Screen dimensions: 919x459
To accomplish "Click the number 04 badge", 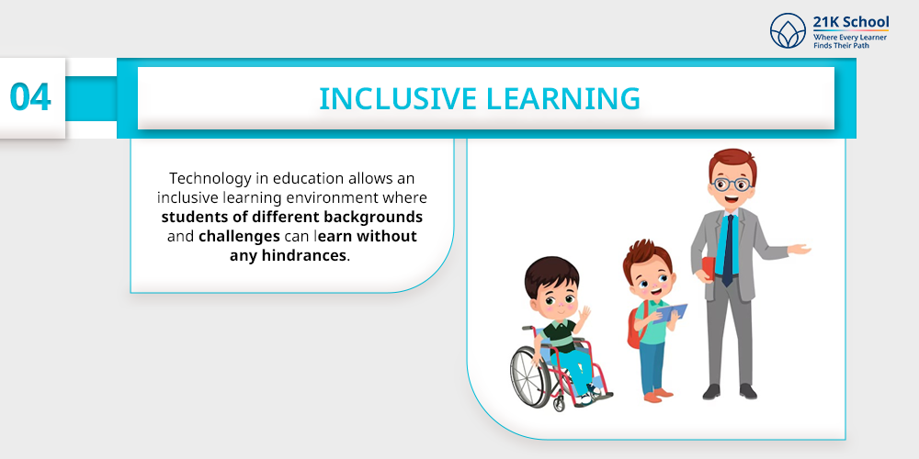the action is point(30,97).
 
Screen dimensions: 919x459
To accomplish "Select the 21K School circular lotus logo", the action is point(788,30).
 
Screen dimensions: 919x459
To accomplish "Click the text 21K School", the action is point(850,22).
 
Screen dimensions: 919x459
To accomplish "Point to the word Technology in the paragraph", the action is point(204,178).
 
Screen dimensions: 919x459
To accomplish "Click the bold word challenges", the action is point(239,237).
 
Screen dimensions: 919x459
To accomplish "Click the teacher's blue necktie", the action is point(728,250).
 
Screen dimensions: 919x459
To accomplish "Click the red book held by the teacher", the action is point(708,269).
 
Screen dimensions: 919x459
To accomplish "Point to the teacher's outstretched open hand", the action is point(799,250).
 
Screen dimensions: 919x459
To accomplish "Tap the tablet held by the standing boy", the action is point(671,313).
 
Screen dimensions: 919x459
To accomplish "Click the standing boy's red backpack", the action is point(637,327).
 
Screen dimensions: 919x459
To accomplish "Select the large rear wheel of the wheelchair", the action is point(530,376).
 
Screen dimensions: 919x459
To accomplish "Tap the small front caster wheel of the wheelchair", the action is point(559,403).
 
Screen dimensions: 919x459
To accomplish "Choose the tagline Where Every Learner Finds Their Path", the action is point(850,41).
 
